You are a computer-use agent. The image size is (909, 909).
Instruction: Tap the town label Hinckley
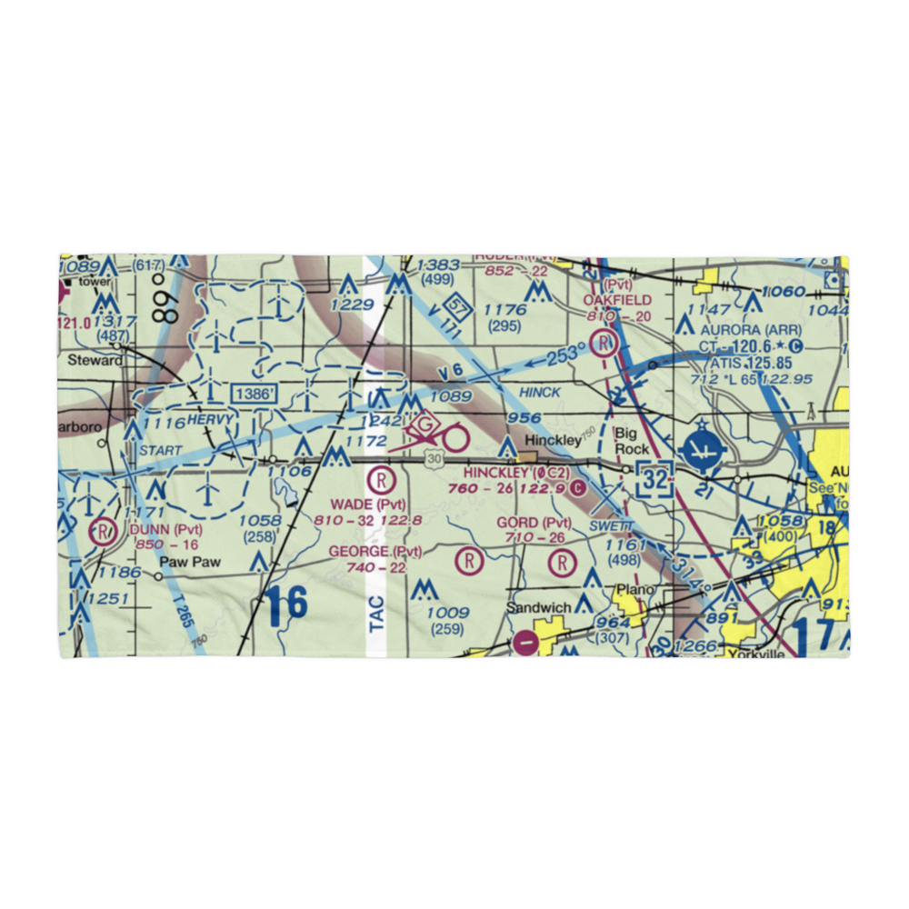point(552,440)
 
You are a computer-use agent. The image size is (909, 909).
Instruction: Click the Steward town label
point(95,360)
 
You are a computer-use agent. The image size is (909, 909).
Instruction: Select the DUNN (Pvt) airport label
point(165,529)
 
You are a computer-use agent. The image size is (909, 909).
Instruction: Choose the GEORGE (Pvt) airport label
point(375,552)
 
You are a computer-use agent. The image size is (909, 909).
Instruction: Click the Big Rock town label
point(632,440)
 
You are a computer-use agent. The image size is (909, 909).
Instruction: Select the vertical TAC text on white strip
point(377,614)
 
